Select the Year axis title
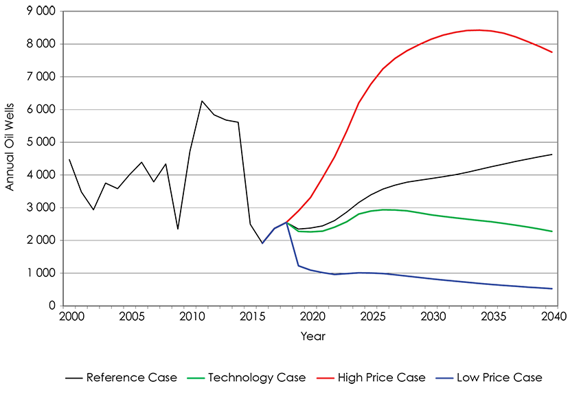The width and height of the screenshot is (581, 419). click(312, 337)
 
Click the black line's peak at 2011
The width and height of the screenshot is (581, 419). click(202, 101)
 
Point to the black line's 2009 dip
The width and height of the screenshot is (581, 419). click(178, 229)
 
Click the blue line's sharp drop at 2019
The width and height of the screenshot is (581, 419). click(299, 265)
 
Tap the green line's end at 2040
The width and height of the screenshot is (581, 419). click(552, 231)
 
